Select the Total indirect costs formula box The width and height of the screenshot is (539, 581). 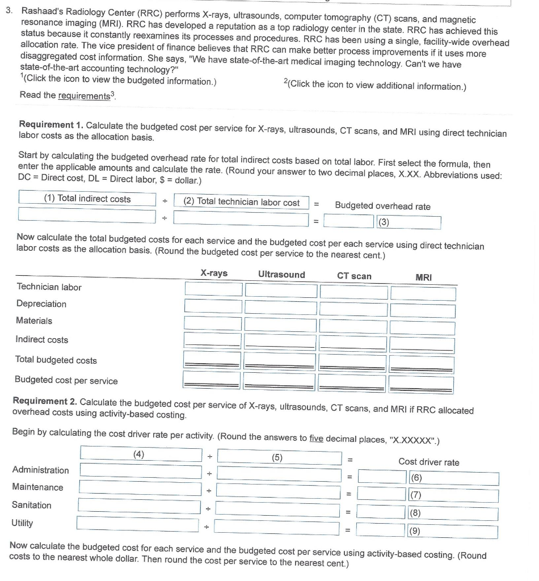87,199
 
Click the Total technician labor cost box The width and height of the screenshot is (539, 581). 241,201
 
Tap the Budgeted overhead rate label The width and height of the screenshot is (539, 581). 382,207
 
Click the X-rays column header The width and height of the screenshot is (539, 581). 214,273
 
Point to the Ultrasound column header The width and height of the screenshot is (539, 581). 281,275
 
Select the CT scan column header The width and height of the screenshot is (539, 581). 354,276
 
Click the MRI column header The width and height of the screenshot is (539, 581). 423,277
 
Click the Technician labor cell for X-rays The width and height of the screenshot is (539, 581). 213,289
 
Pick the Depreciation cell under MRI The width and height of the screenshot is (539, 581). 423,310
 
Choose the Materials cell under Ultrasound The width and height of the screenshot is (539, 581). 280,325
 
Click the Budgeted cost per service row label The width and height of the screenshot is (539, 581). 66,381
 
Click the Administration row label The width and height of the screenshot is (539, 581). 40,470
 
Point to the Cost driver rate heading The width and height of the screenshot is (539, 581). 428,462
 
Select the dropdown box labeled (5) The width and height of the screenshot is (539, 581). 279,456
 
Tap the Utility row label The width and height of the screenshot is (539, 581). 23,523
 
